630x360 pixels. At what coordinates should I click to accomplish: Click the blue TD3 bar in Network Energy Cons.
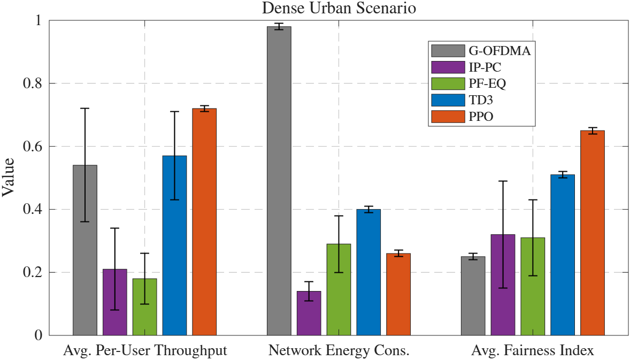click(x=368, y=272)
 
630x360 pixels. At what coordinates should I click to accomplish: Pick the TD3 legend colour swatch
click(x=447, y=100)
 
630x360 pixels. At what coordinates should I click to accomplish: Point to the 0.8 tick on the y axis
click(x=35, y=83)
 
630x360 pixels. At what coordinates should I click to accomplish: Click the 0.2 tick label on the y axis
click(x=35, y=272)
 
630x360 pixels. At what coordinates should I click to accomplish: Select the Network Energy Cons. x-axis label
click(x=339, y=351)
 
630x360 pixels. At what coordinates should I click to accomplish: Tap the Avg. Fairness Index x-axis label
click(x=532, y=351)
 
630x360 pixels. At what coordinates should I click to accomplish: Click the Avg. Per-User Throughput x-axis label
click(x=145, y=351)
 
